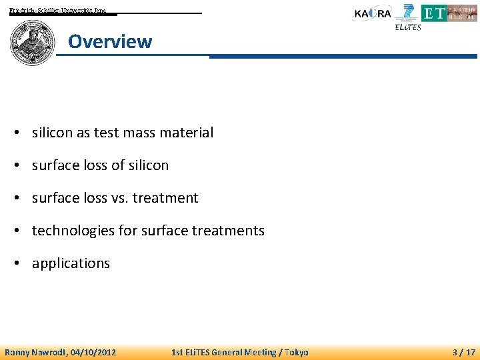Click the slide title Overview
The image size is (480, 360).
(110, 41)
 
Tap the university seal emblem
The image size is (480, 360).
(32, 43)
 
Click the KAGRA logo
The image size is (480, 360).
(372, 14)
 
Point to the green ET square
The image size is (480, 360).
(433, 13)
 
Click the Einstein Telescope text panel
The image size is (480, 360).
(462, 13)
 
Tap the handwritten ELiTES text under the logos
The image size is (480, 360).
(408, 27)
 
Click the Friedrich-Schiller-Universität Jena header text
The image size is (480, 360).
(57, 11)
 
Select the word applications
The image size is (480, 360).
(71, 263)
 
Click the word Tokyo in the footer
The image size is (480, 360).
(295, 352)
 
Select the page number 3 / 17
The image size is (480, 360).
(464, 352)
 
